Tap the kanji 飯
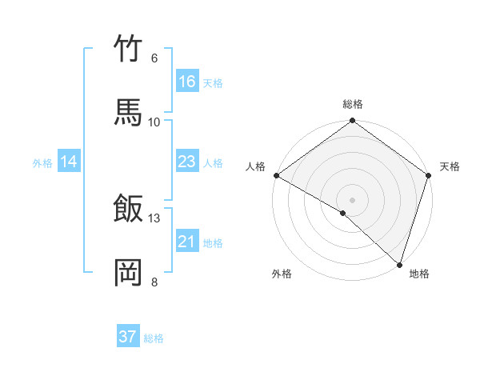[x=129, y=208]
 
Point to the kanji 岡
[x=129, y=272]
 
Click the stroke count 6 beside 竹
[x=154, y=58]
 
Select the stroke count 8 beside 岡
[x=154, y=282]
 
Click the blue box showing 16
[x=187, y=82]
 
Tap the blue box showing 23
[x=187, y=162]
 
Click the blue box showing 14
[x=69, y=162]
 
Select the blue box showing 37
[x=128, y=337]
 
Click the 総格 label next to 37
[x=154, y=338]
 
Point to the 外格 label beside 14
[x=42, y=163]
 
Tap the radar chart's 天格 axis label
[x=450, y=167]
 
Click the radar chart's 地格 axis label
[x=419, y=274]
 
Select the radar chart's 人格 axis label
[x=255, y=166]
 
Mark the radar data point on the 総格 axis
[x=353, y=122]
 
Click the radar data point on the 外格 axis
[x=343, y=213]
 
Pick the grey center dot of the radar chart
[x=353, y=199]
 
